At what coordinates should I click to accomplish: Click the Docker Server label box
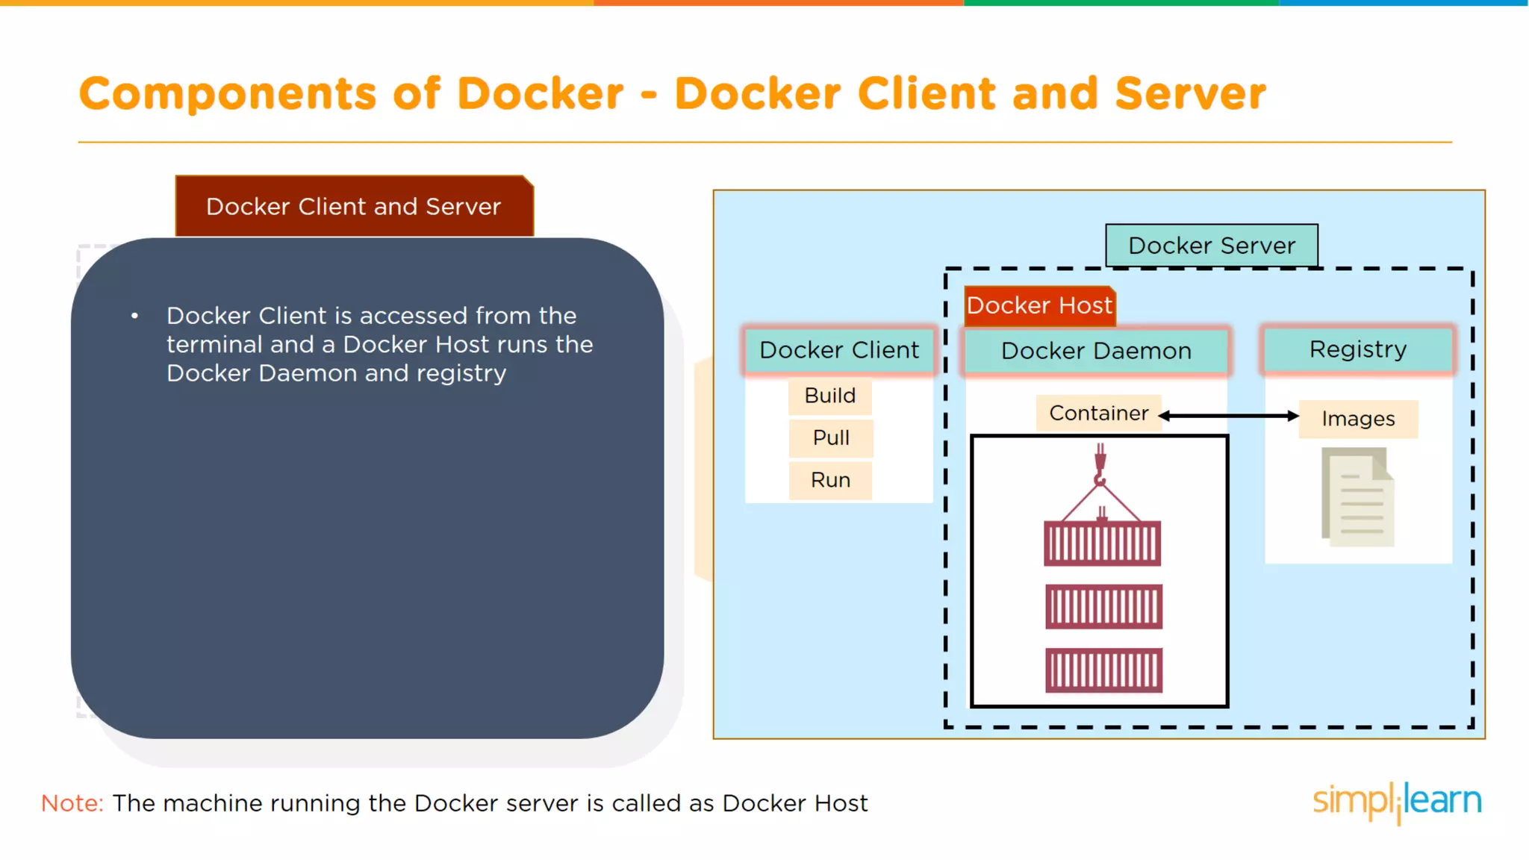coord(1211,246)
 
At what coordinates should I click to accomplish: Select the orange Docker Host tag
coord(1039,305)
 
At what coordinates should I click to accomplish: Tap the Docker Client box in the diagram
coord(839,350)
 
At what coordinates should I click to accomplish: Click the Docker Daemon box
coord(1096,351)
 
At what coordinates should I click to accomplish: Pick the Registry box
coord(1357,349)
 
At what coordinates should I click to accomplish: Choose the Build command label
coord(830,396)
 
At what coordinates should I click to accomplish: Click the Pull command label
coord(831,437)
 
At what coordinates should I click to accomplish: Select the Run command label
coord(831,480)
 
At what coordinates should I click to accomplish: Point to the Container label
coord(1098,413)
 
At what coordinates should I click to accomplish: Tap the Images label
coord(1358,419)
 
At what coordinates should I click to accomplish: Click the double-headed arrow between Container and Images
coord(1228,416)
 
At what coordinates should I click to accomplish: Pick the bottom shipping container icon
coord(1103,670)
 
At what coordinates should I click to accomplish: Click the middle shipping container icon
coord(1103,606)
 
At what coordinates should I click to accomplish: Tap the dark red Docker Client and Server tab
coord(354,207)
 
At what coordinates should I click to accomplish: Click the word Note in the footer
coord(72,803)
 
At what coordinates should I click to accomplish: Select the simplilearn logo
coord(1396,802)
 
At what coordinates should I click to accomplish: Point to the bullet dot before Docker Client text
coord(134,316)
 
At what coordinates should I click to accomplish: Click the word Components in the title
coord(227,94)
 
